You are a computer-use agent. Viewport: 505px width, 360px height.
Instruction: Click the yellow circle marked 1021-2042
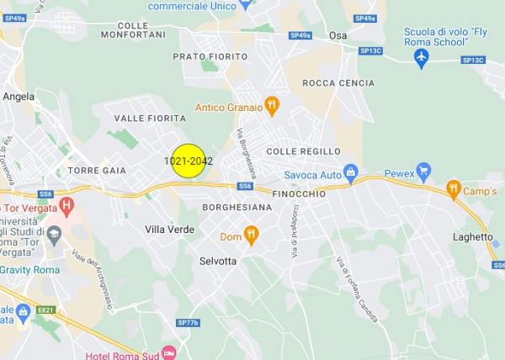pyautogui.click(x=189, y=160)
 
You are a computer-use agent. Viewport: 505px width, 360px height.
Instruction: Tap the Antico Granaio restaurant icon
pyautogui.click(x=271, y=106)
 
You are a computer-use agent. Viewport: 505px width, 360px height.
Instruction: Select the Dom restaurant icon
pyautogui.click(x=250, y=233)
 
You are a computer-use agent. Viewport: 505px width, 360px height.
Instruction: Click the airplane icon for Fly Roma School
pyautogui.click(x=423, y=56)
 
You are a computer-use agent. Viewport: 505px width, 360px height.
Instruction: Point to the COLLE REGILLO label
pyautogui.click(x=303, y=151)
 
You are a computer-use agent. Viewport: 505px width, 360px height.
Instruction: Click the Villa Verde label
pyautogui.click(x=169, y=229)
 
